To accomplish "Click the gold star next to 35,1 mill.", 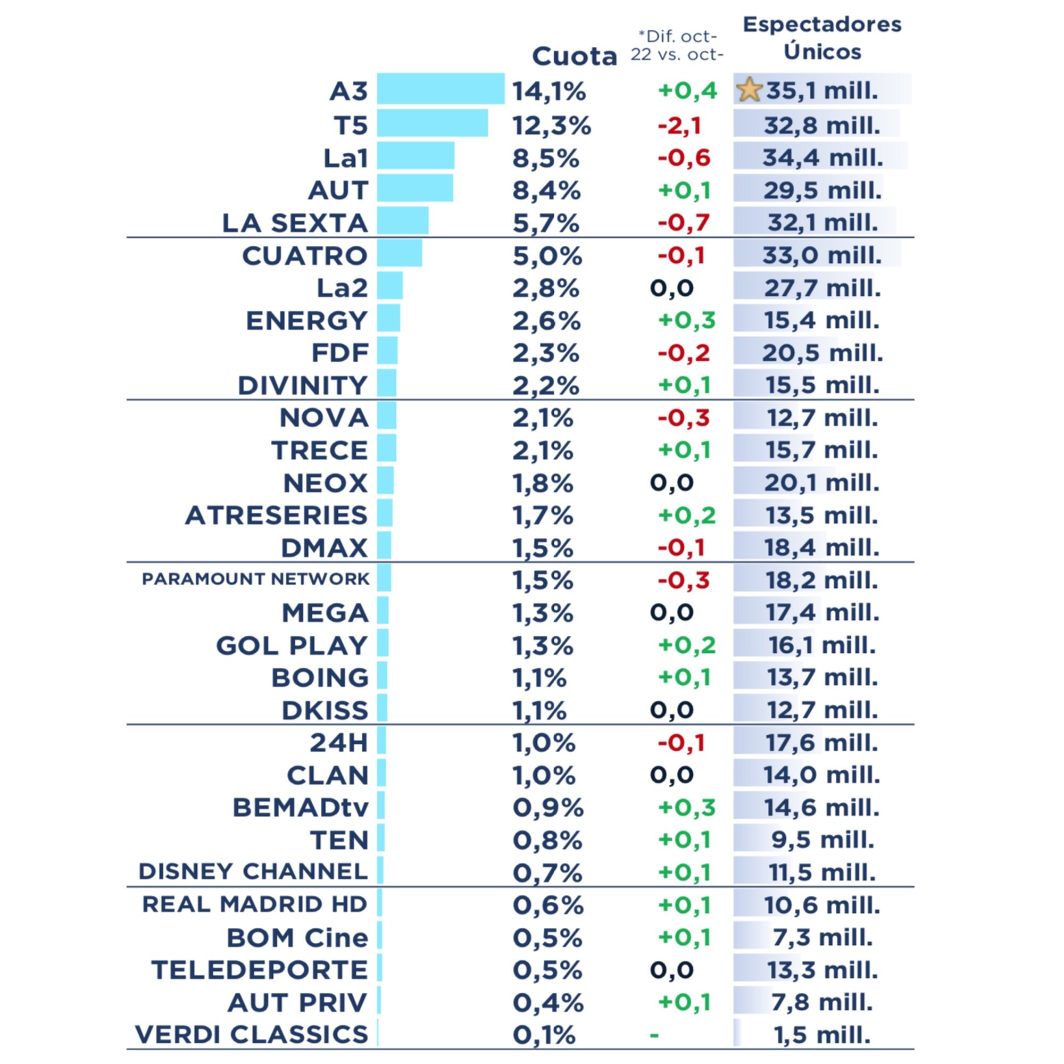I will [749, 90].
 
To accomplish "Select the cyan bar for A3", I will [440, 89].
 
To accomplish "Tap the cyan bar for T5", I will [433, 123].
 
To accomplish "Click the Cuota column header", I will [575, 56].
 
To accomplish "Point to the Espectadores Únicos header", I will [822, 38].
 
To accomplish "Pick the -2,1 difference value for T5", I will [679, 126].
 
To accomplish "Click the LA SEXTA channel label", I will [295, 223].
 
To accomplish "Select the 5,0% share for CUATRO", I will [547, 256].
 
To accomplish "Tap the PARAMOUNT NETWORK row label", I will [255, 579].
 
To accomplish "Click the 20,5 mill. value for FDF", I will [822, 353].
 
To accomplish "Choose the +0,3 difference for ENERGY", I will [686, 320].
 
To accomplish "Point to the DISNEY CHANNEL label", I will [253, 872].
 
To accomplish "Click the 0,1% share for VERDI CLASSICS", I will [544, 1035].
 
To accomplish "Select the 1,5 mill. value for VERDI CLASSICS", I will [822, 1035].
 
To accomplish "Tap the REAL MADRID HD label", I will [254, 904].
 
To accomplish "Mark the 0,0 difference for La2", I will [671, 288].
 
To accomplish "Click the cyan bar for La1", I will [416, 155].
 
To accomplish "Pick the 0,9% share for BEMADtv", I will [547, 808].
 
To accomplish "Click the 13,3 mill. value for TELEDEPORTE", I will [822, 970].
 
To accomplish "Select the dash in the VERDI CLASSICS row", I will [654, 1035].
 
